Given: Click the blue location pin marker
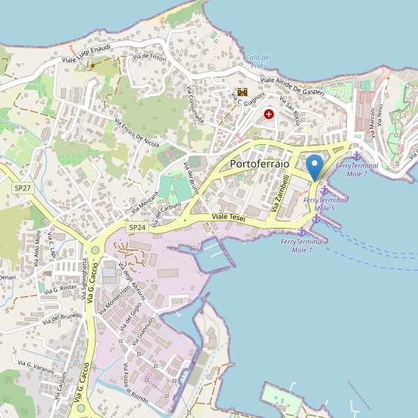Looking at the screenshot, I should [315, 167].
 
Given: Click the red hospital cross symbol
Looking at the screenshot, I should [269, 114].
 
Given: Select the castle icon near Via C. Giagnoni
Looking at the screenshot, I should [242, 91].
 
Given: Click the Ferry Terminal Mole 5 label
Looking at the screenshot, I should [325, 203].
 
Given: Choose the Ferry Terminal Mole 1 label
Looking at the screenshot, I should [302, 245].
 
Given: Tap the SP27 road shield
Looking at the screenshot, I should [22, 188].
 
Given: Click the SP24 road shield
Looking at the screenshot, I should [137, 227].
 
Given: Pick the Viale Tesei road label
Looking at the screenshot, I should [229, 218].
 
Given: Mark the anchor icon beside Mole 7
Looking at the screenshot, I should [357, 157].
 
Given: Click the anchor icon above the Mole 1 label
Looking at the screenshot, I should [302, 231].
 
